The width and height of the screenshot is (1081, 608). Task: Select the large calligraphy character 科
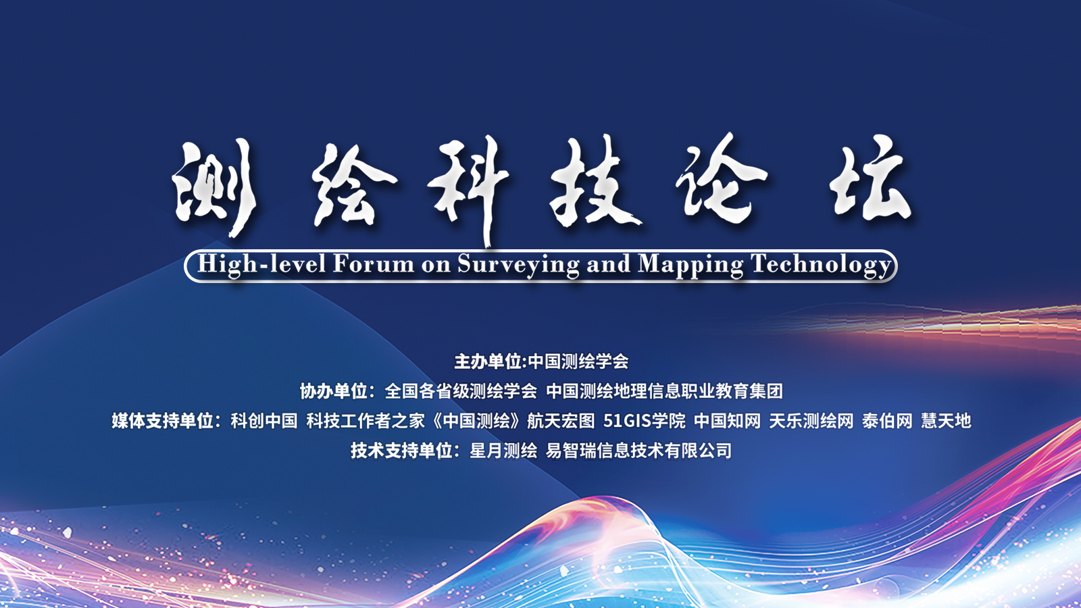point(468,189)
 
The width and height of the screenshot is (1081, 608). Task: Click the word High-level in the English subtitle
point(261,264)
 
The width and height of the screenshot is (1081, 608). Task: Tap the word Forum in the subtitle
point(373,264)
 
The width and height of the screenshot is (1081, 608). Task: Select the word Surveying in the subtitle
point(518,265)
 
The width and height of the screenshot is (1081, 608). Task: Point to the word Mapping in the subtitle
point(690,265)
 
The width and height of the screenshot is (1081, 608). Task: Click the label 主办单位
point(488,361)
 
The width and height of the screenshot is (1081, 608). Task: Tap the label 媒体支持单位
point(163,421)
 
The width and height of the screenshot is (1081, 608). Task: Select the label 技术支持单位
point(401,451)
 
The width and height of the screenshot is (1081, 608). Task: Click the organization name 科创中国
point(264,421)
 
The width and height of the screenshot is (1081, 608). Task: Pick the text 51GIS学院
point(645,421)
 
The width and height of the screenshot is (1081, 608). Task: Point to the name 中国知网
point(727,421)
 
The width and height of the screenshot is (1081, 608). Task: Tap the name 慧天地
point(946,421)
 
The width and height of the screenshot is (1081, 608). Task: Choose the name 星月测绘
point(503,451)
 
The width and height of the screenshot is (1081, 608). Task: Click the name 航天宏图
point(561,421)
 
